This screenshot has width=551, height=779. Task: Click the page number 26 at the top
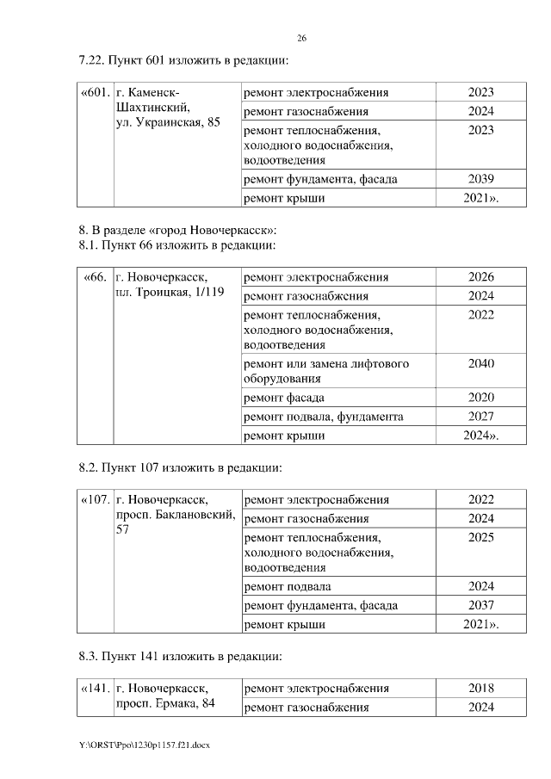point(302,39)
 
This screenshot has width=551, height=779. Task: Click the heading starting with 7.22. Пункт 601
point(182,61)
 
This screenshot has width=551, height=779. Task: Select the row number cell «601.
point(96,92)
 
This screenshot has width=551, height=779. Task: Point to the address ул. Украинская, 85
point(168,122)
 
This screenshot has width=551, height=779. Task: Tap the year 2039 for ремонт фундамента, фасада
point(480,179)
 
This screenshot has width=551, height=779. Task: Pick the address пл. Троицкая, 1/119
point(169,294)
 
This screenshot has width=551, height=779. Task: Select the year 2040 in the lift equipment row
point(480,363)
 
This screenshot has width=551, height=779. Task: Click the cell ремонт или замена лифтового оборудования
point(326,370)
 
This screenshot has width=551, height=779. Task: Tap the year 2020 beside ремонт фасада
point(480,397)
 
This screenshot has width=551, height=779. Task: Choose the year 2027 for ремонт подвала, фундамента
point(480,417)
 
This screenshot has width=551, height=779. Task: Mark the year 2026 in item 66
point(480,277)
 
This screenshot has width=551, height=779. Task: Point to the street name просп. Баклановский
point(176,515)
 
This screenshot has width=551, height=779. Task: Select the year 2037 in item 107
point(480,605)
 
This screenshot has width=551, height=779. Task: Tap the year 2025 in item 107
point(480,536)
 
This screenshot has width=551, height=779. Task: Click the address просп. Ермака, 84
point(164,705)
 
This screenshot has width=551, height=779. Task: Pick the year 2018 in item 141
point(480,689)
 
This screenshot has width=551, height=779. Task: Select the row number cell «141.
point(96,689)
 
